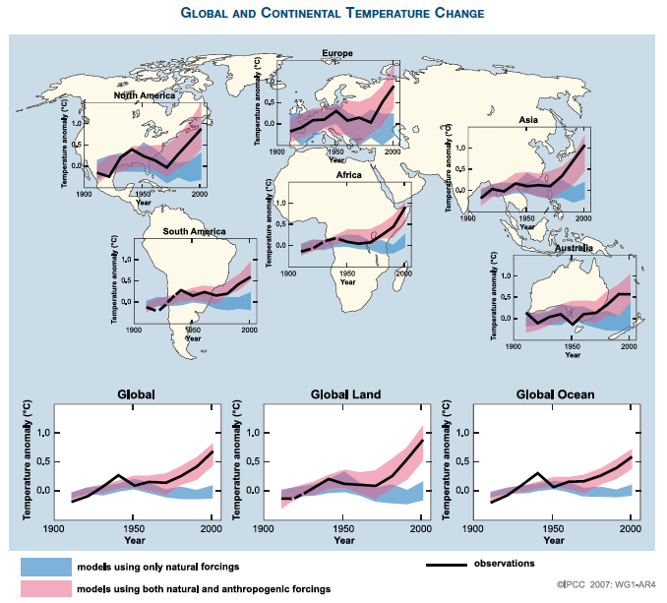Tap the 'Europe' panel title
[337, 52]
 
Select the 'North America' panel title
[146, 95]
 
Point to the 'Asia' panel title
[529, 119]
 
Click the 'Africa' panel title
[349, 175]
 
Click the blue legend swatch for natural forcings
[46, 567]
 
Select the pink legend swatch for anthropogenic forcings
[46, 588]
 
